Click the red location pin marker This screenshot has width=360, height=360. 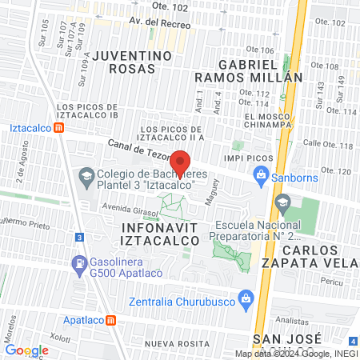pos(182,162)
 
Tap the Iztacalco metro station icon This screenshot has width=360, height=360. pos(60,127)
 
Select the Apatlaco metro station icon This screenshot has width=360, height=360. pos(110,320)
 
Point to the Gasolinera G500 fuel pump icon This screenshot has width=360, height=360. pos(79,262)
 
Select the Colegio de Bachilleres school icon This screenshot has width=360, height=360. pos(86,175)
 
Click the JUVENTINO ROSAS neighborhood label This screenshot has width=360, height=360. pos(132,63)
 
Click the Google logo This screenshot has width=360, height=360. pos(26,350)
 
